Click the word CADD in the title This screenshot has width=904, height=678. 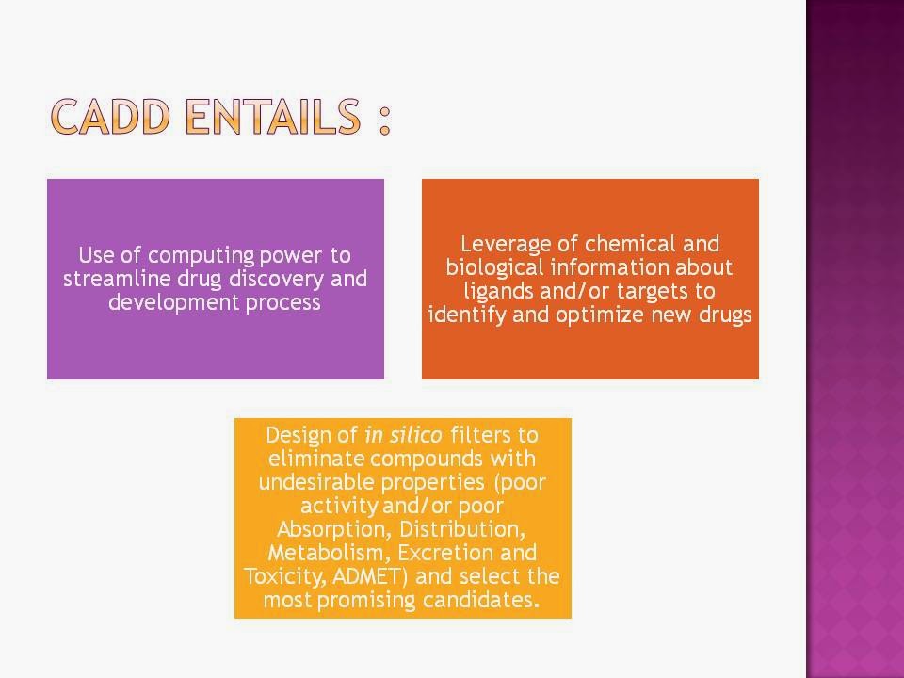(110, 117)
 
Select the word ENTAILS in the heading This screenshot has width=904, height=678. (273, 117)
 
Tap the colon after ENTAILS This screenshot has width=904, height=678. (385, 120)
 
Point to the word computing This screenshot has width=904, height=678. (201, 255)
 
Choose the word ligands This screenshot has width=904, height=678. (499, 292)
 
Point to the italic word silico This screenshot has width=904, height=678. (415, 435)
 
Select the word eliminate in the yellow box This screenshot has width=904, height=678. (316, 459)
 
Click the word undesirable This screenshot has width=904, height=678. (315, 482)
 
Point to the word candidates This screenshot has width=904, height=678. (481, 600)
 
